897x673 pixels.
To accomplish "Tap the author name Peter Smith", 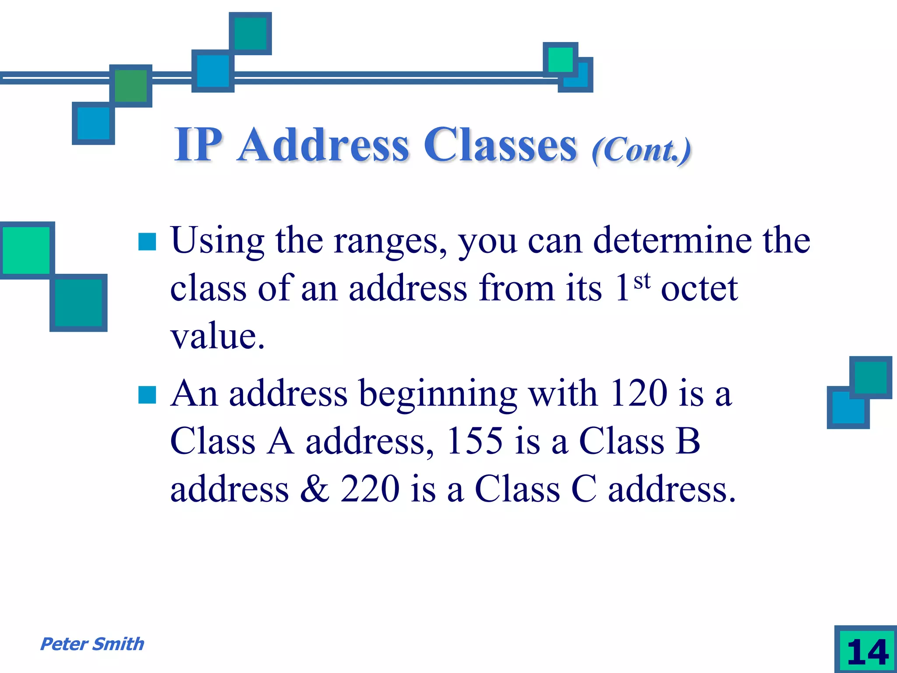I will (x=92, y=644).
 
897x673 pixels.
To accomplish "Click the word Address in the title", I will (x=324, y=145).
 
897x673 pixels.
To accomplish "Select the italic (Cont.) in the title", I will (x=641, y=150).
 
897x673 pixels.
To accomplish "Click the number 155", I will (x=475, y=441).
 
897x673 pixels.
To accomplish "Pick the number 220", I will (x=370, y=489).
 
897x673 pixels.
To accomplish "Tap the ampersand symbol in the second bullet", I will (x=314, y=489).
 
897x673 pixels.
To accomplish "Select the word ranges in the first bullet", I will (x=390, y=242).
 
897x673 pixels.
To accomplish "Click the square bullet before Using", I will (x=147, y=241).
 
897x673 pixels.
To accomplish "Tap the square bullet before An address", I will (x=147, y=394).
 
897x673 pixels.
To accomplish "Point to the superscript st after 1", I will (x=642, y=281).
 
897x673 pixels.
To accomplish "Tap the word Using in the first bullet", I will (x=217, y=241).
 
